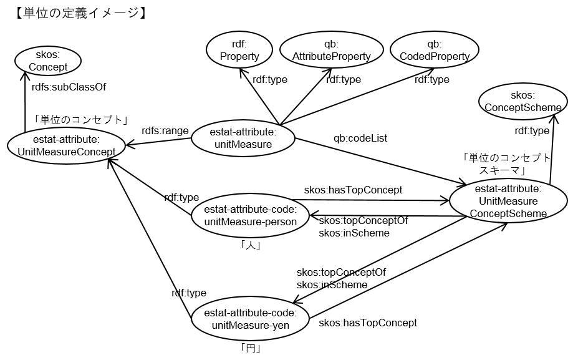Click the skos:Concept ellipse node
[48, 61]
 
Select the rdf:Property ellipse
[239, 50]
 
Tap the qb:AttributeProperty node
[331, 50]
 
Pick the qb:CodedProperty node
[434, 50]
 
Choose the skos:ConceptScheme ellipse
[523, 101]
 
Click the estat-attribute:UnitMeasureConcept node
[66, 146]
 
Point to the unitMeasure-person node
[250, 215]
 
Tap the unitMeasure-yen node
[250, 318]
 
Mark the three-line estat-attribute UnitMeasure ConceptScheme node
[508, 201]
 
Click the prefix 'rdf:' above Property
[239, 44]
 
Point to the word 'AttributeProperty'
[332, 56]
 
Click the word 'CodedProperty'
[435, 56]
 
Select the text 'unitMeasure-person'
[250, 221]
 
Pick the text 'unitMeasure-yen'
[250, 325]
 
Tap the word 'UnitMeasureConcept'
[66, 152]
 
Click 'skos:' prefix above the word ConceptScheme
[523, 95]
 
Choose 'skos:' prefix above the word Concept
[48, 55]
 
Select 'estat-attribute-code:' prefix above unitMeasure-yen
[250, 312]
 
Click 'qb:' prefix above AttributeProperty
[331, 44]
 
